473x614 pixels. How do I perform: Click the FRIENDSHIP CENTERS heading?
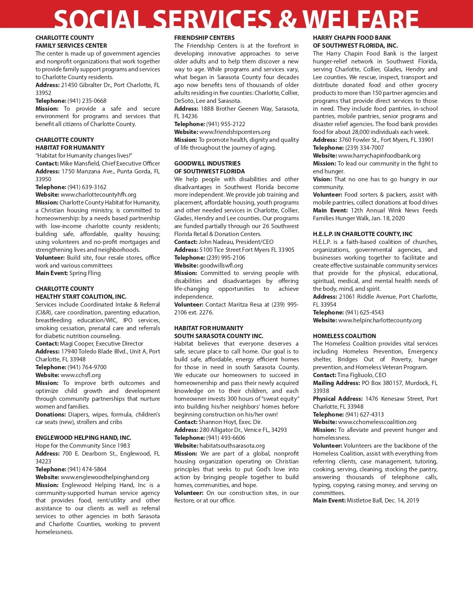click(204, 38)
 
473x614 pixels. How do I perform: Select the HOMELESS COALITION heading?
click(344, 336)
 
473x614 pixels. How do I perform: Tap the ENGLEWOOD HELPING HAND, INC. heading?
click(83, 438)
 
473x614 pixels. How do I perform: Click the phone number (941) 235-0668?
click(87, 101)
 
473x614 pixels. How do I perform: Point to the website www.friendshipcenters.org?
click(235, 132)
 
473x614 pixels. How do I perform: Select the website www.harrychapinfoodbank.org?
click(379, 156)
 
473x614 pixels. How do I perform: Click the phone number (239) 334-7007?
click(365, 148)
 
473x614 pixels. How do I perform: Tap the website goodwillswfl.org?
click(221, 266)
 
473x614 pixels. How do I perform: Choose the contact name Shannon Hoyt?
click(218, 422)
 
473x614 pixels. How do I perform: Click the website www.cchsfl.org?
click(81, 375)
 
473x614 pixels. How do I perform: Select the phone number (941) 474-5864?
click(87, 469)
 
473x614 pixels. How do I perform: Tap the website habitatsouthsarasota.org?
click(232, 446)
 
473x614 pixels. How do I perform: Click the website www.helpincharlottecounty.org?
click(380, 320)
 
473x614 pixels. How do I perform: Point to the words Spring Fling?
click(85, 273)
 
